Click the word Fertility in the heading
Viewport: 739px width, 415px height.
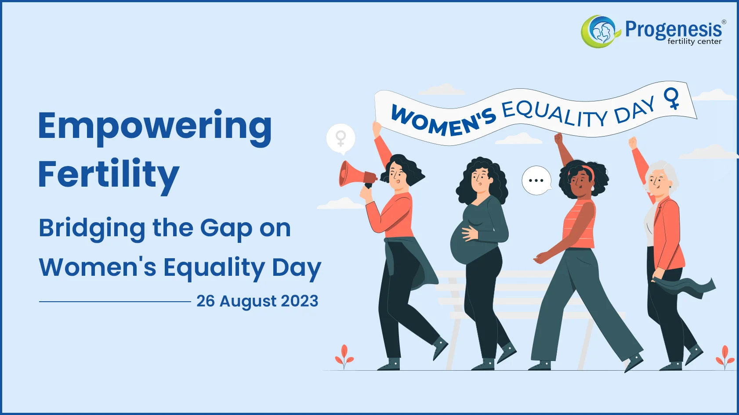click(x=109, y=175)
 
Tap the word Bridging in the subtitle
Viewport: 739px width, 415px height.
click(x=91, y=228)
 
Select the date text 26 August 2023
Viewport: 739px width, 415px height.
click(x=257, y=301)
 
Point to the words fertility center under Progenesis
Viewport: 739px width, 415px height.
click(x=694, y=42)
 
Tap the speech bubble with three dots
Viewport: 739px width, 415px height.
click(x=536, y=180)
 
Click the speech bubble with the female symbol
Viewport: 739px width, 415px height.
click(x=341, y=139)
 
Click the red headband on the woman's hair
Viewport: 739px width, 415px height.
click(x=589, y=171)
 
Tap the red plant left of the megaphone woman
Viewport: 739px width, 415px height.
click(x=344, y=356)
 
